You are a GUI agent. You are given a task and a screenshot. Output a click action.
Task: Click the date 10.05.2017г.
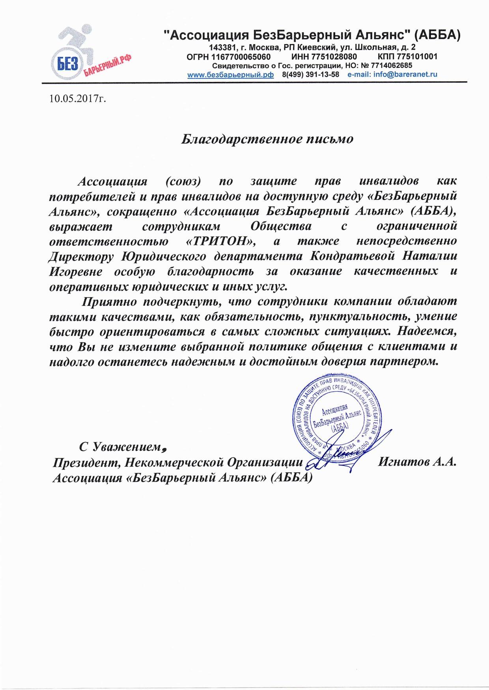[78, 98]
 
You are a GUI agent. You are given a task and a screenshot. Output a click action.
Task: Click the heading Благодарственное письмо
[267, 139]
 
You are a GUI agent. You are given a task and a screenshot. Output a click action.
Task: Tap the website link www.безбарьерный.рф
[231, 75]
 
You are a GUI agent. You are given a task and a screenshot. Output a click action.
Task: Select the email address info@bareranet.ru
[404, 75]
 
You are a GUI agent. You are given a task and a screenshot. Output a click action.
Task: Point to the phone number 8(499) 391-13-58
[311, 75]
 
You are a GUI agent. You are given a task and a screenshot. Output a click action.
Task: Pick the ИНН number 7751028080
[335, 57]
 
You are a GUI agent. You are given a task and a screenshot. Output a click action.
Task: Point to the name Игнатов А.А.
[417, 462]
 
